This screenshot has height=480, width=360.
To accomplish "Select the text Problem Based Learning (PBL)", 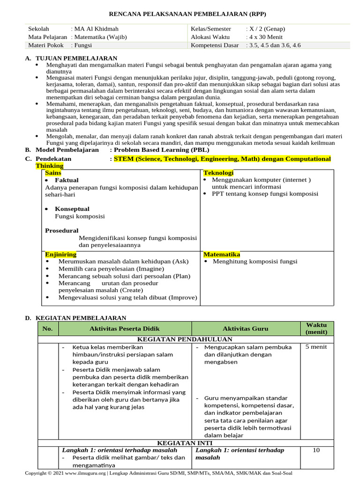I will pyautogui.click(x=153, y=150).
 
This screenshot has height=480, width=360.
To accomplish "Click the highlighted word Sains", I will pyautogui.click(x=53, y=173).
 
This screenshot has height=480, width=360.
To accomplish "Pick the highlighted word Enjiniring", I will pyautogui.click(x=60, y=254).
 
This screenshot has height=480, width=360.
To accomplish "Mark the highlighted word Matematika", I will pyautogui.click(x=222, y=254).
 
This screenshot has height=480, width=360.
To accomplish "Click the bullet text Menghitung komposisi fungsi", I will pyautogui.click(x=255, y=262).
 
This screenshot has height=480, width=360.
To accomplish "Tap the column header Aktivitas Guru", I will pyautogui.click(x=246, y=329).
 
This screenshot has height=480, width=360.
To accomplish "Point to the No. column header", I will pyautogui.click(x=47, y=329).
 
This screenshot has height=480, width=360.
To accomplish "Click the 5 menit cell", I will pyautogui.click(x=316, y=347).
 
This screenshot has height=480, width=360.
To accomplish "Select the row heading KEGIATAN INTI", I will pyautogui.click(x=185, y=442).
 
